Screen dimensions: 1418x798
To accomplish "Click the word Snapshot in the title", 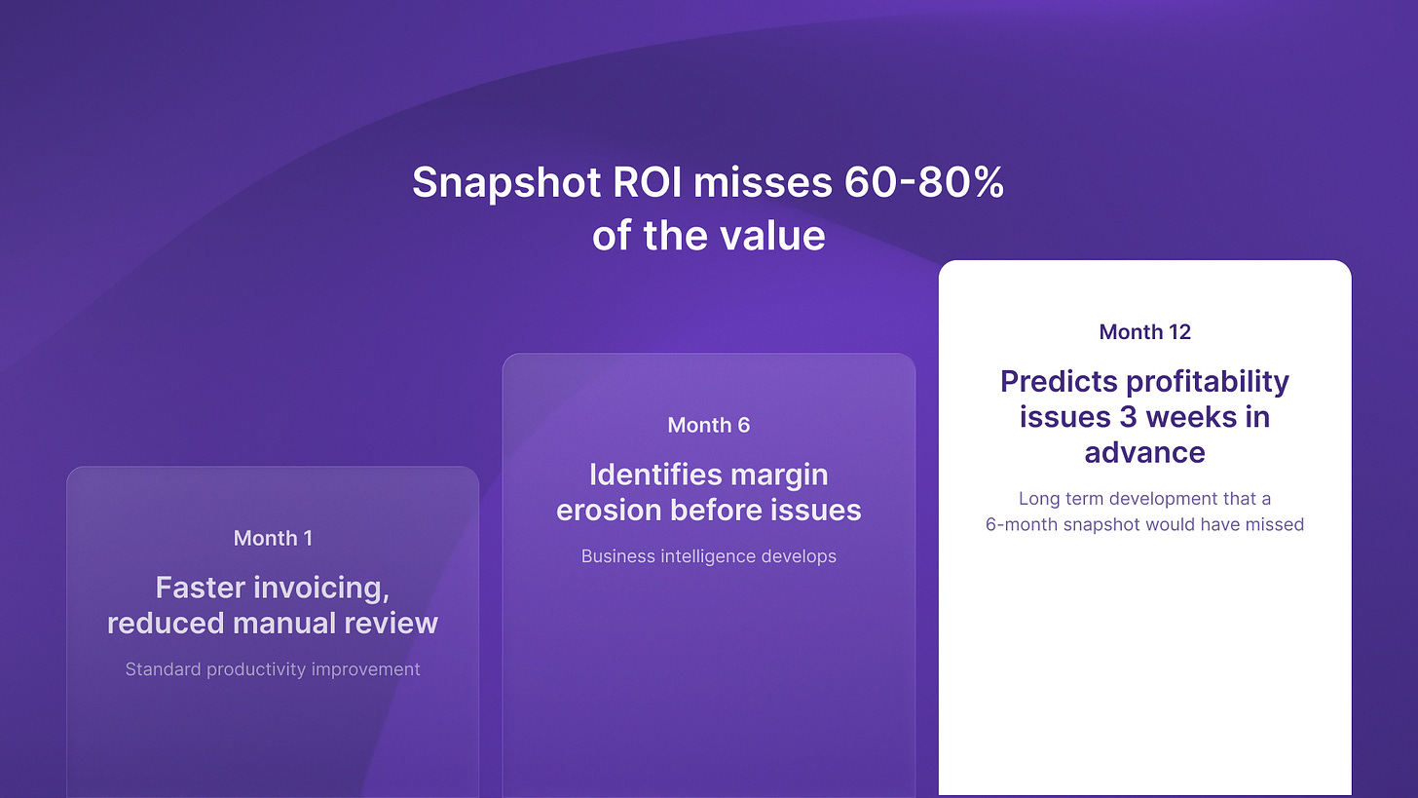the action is tap(506, 183).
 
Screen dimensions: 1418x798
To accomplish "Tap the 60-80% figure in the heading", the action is tap(924, 182).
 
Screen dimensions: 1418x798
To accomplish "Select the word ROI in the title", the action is tap(647, 182).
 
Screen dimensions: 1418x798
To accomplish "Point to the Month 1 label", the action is tap(273, 538).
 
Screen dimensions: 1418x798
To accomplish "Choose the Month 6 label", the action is tap(708, 425).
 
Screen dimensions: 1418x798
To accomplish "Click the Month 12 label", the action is tap(1144, 332).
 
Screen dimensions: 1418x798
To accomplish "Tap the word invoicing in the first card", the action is tap(321, 589).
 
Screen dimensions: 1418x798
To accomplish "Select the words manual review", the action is tap(335, 624).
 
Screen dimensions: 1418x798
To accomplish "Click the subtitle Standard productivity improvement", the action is tap(273, 669).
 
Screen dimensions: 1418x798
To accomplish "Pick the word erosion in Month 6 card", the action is tap(609, 511).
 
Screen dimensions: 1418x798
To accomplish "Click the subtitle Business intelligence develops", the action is tap(708, 556).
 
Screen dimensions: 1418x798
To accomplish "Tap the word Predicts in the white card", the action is tap(1059, 381).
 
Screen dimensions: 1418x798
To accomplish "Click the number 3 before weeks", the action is tap(1128, 417).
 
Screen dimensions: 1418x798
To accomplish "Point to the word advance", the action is tap(1144, 453).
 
